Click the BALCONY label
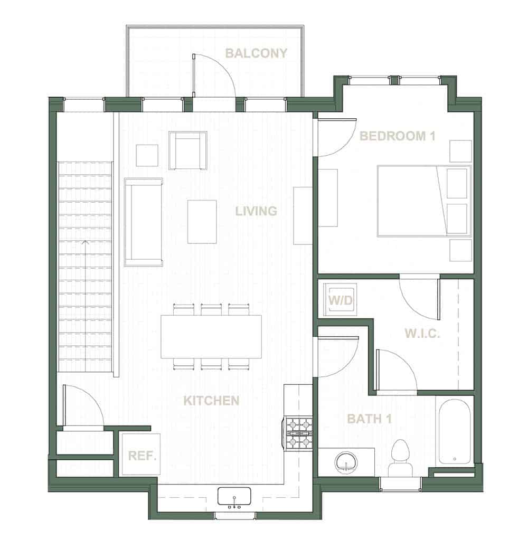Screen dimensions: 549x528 click(x=256, y=53)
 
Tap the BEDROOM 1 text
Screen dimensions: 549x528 click(x=397, y=136)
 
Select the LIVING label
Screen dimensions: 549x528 click(x=256, y=211)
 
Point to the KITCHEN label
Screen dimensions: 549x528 click(x=211, y=401)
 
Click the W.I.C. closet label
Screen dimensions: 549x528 click(x=422, y=334)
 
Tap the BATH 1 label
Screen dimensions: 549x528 click(x=372, y=419)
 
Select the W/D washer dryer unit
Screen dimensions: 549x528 click(x=341, y=300)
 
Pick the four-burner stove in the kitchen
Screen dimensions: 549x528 click(x=298, y=433)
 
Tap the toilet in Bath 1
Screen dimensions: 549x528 click(x=400, y=457)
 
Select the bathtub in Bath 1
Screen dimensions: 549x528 click(x=455, y=431)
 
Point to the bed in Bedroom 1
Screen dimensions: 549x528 click(x=424, y=201)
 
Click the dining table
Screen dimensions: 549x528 click(x=211, y=336)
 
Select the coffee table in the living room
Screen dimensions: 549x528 click(x=202, y=221)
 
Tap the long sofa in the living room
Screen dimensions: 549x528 click(x=143, y=222)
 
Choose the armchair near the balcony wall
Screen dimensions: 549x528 click(x=187, y=150)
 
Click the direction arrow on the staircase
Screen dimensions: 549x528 click(x=85, y=243)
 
